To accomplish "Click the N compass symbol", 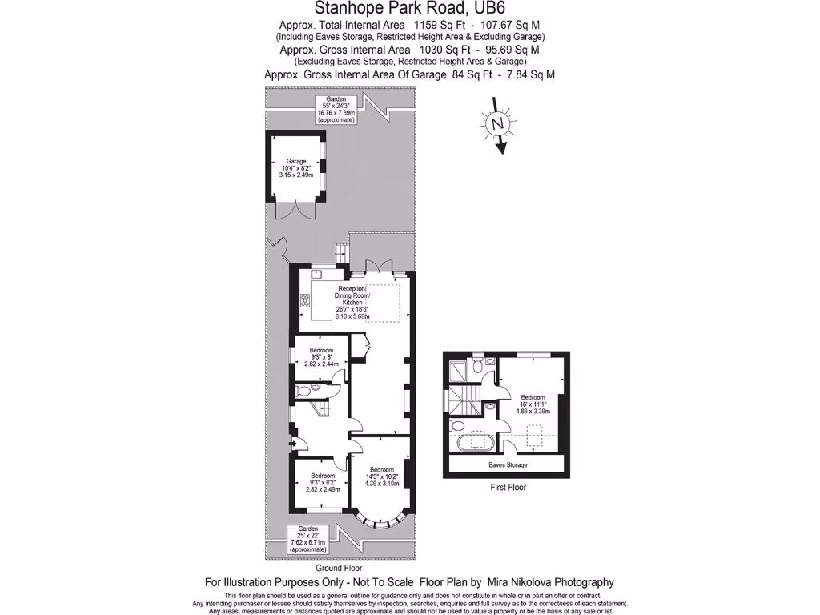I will click(497, 124).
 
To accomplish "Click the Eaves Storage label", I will click(508, 464).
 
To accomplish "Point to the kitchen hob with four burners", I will click(304, 300).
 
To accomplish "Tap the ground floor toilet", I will click(302, 392).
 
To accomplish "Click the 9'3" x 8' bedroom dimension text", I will click(321, 357).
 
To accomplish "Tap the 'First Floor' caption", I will click(508, 487).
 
